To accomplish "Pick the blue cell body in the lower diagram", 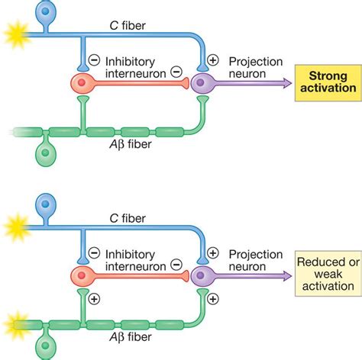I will click(47, 202).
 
